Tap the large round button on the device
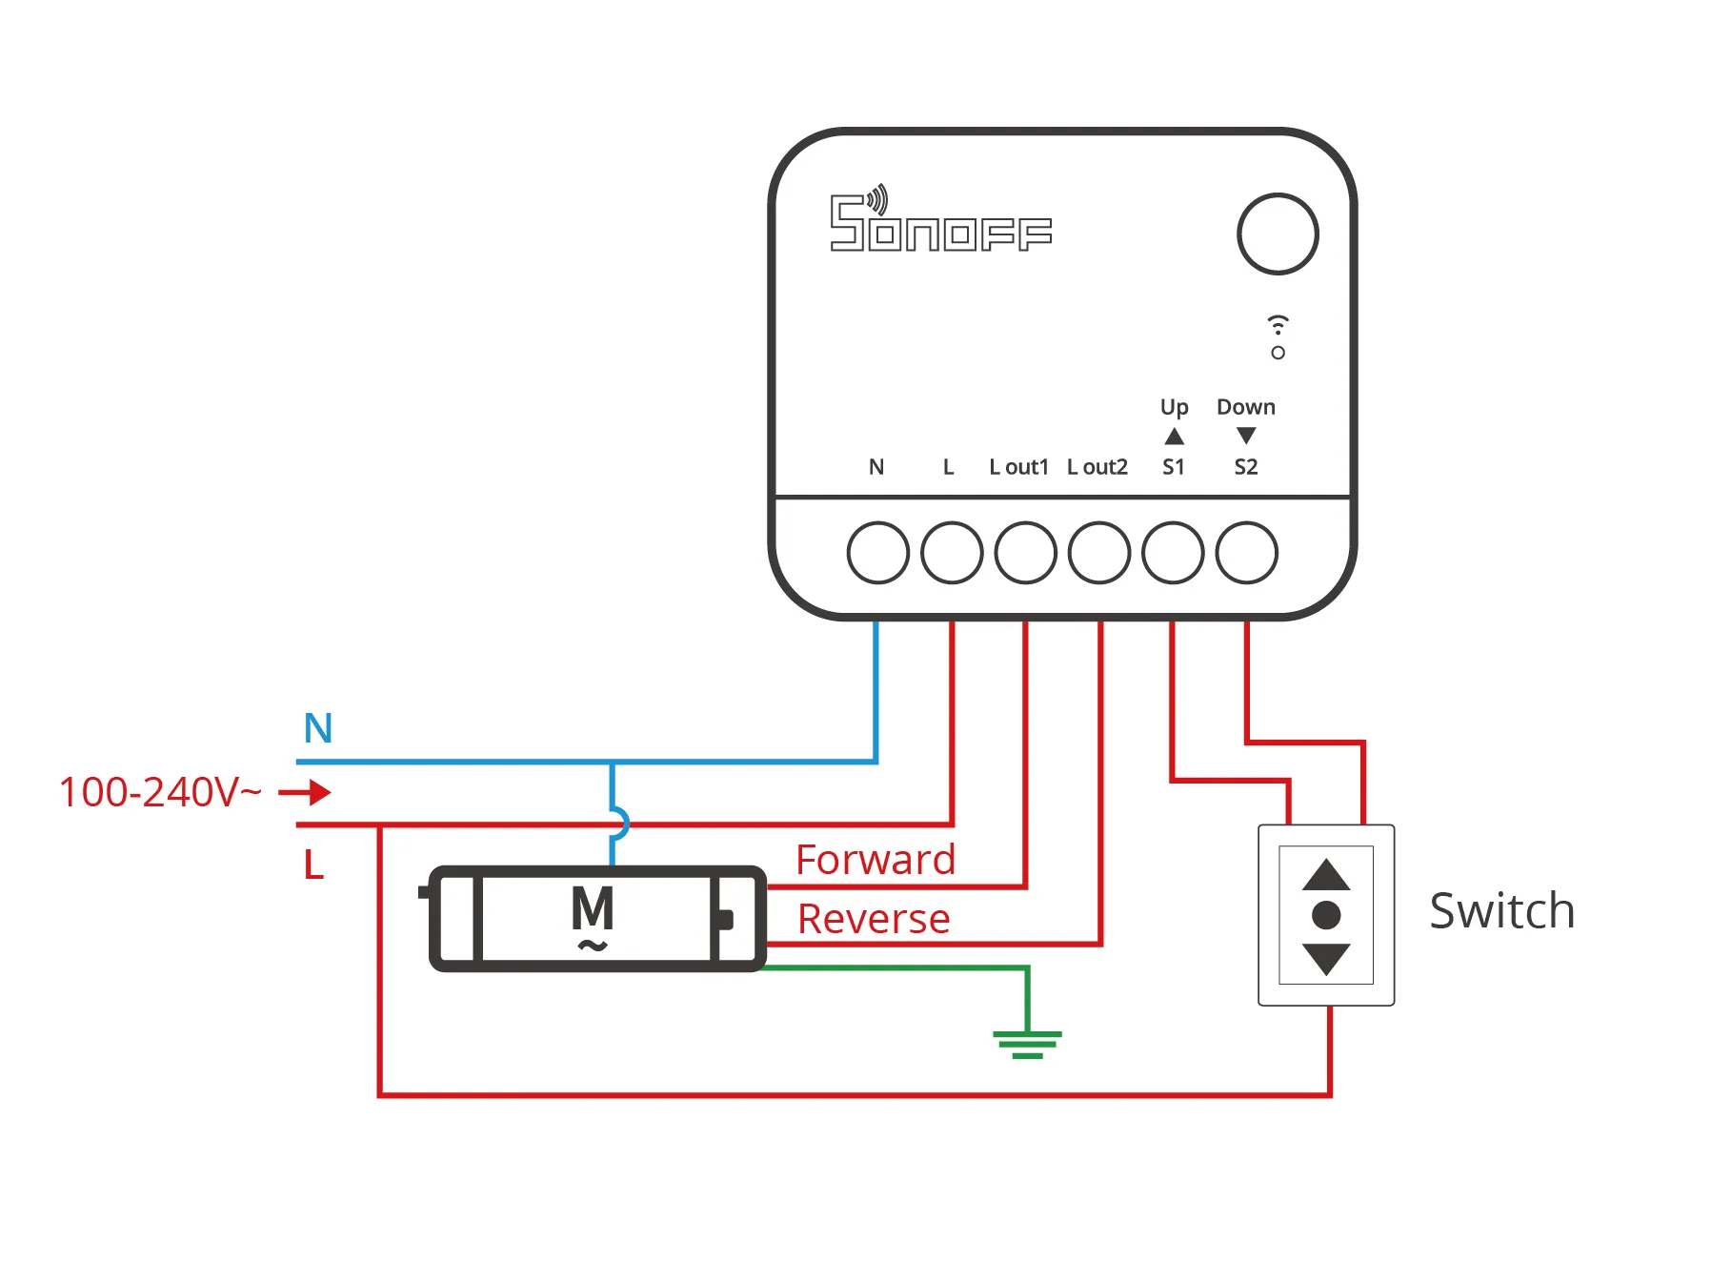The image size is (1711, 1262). [x=1278, y=234]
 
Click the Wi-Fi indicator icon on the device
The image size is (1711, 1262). [x=1278, y=324]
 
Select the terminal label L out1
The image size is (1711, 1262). [x=1018, y=467]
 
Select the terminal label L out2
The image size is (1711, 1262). [x=1097, y=467]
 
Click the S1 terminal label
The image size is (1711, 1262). [x=1174, y=467]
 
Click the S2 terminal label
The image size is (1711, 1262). [x=1246, y=467]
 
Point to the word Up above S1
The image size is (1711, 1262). [x=1175, y=407]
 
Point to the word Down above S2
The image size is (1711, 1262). [x=1246, y=407]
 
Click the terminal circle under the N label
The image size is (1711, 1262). [x=877, y=552]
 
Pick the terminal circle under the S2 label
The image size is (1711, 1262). [x=1247, y=552]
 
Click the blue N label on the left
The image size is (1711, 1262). [x=318, y=728]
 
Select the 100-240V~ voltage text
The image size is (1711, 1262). [x=160, y=792]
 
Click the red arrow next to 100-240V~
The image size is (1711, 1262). [x=306, y=792]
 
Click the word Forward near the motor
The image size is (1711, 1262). [x=876, y=860]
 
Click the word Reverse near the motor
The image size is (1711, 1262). [x=874, y=919]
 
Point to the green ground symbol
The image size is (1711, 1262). [x=1027, y=1043]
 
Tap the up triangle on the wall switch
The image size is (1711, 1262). [x=1326, y=876]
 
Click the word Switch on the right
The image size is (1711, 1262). [x=1502, y=911]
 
